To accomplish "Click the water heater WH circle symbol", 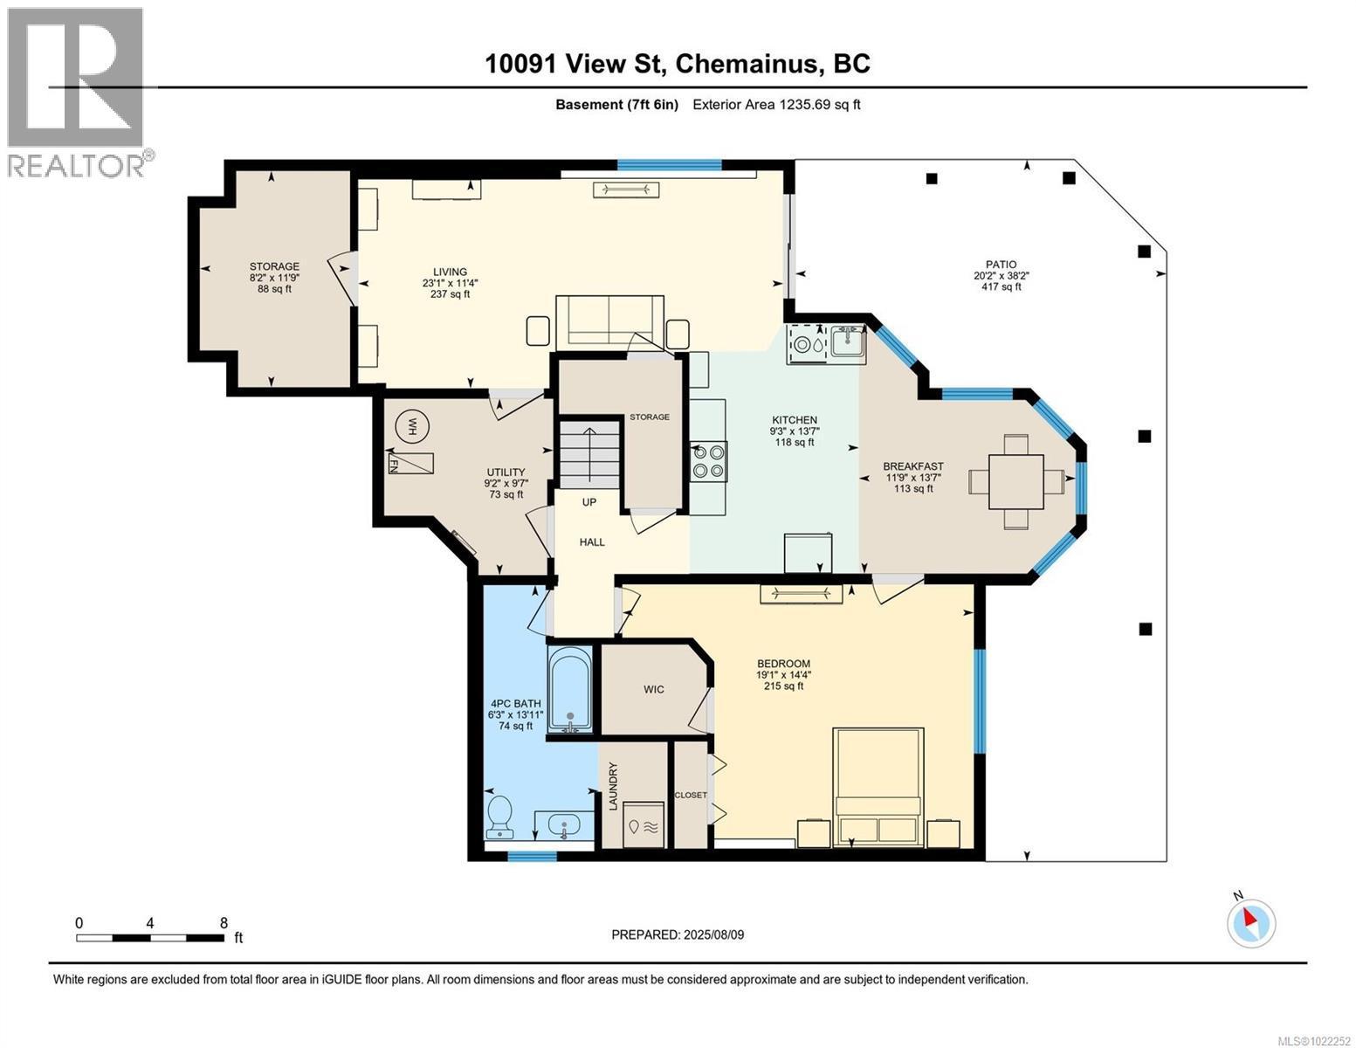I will pos(407,426).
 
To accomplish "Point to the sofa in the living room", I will pos(609,321).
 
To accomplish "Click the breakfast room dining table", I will pos(1015,481).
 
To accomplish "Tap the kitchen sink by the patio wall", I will pos(847,341).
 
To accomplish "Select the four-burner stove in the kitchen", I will pos(708,461).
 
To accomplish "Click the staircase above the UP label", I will pos(589,454).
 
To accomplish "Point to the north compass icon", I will pos(1251,921).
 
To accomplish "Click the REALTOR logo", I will pos(77,92).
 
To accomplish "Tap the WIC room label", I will pos(654,690).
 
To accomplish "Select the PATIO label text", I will pos(1001,265).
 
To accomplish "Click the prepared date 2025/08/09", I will pos(678,934).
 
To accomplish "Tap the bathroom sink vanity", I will pos(565,824).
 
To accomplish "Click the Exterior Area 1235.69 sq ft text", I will pos(776,105).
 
